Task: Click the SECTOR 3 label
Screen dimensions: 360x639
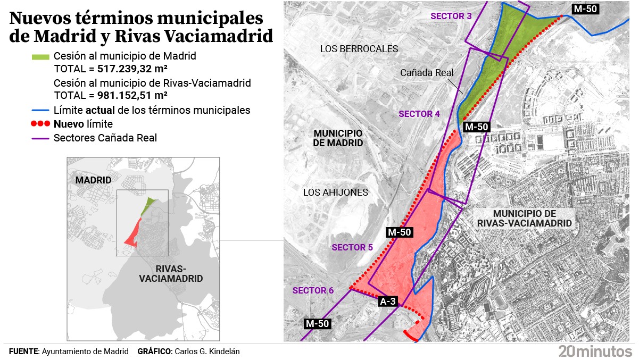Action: (x=451, y=16)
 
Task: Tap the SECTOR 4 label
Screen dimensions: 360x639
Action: (x=419, y=114)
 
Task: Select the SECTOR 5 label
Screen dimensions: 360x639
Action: (x=352, y=247)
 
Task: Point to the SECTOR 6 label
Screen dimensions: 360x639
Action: (x=313, y=290)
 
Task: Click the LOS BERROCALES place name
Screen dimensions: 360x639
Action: (x=359, y=49)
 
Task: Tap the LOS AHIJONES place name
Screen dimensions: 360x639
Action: (x=335, y=192)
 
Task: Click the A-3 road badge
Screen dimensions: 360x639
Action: (x=388, y=302)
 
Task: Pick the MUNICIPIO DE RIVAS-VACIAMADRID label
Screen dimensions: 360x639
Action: (x=525, y=218)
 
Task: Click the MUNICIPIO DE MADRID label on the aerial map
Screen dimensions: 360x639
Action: (x=338, y=138)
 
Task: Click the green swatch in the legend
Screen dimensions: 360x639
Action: (x=40, y=56)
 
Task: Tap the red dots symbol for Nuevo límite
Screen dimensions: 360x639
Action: (x=40, y=124)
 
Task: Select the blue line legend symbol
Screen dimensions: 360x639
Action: (x=40, y=111)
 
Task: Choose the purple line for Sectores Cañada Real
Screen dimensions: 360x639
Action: (x=40, y=138)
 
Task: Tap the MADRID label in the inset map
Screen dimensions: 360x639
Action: (x=93, y=180)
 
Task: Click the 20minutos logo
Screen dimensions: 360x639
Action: (x=595, y=351)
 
